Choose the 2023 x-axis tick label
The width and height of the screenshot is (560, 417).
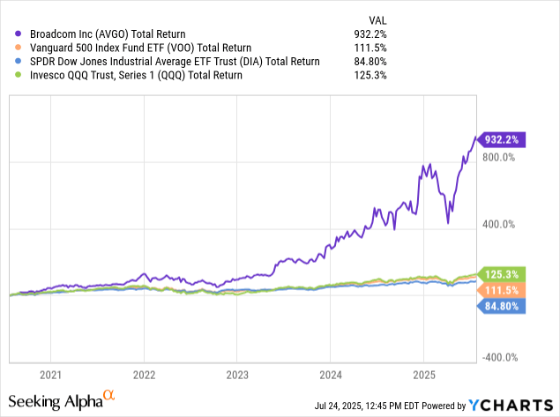pyautogui.click(x=236, y=374)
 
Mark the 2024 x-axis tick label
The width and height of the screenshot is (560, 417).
pyautogui.click(x=330, y=374)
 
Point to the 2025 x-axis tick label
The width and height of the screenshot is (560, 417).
pyautogui.click(x=423, y=374)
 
